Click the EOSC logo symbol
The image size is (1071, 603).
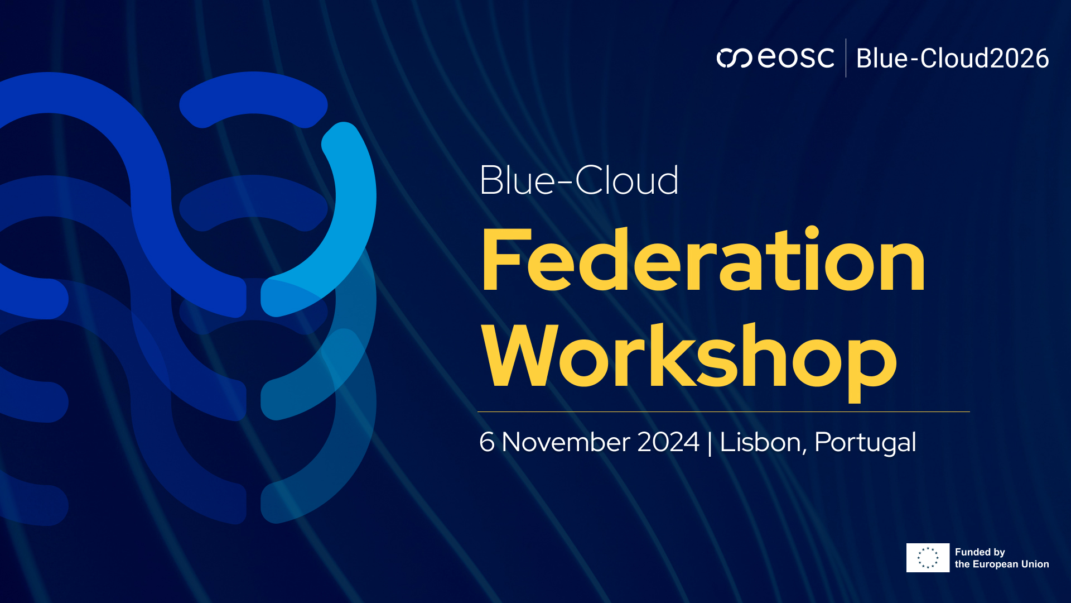pos(734,58)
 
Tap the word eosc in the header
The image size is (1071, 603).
pos(796,58)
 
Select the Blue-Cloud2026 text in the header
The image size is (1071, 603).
pos(952,59)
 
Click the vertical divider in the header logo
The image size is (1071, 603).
pos(846,58)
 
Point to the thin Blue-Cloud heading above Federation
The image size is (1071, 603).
pos(578,181)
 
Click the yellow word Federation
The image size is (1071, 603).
pos(703,261)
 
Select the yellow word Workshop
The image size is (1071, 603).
pos(689,357)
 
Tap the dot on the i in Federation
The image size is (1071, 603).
pos(812,233)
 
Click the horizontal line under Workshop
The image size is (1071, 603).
pos(723,412)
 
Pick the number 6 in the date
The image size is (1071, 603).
pos(486,442)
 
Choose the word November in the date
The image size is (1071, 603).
pos(566,442)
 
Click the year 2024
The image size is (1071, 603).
pos(668,442)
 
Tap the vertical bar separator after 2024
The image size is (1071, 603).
pos(710,443)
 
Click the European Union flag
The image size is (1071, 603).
pos(928,558)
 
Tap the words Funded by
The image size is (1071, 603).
pos(980,552)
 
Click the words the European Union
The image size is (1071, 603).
pos(1001,564)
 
